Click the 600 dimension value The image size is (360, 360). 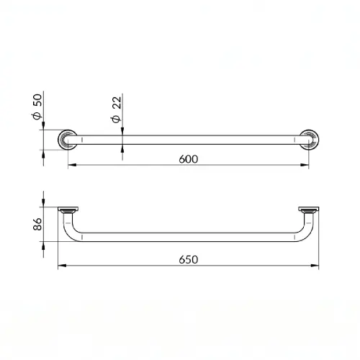coord(189,159)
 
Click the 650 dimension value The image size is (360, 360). coord(189,260)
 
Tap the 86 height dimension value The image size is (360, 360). coord(37,224)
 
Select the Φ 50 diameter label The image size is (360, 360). coord(37,107)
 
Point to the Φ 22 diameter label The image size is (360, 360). coord(117,109)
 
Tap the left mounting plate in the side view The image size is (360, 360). coord(68,209)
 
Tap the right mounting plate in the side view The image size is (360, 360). coord(309,209)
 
